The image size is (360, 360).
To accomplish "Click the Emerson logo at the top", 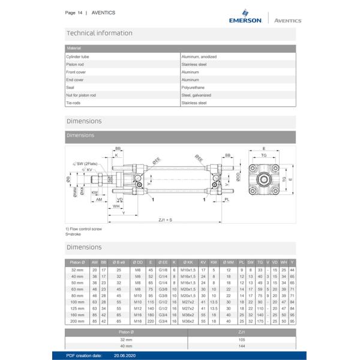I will [x=245, y=17].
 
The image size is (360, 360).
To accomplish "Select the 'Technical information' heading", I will [x=100, y=33].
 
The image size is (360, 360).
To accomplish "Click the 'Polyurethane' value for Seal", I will [x=193, y=88].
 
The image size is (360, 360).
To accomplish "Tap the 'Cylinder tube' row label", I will [x=77, y=56].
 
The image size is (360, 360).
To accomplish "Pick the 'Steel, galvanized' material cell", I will [x=196, y=95].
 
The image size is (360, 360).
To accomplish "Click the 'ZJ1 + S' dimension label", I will [x=165, y=221].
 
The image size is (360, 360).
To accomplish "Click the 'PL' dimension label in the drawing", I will [x=226, y=199].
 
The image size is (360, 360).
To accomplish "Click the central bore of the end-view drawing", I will [x=264, y=179].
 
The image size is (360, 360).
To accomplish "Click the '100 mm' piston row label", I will [x=77, y=302].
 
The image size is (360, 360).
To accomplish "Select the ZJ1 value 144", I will [x=242, y=346].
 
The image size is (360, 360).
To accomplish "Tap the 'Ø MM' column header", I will [x=229, y=262].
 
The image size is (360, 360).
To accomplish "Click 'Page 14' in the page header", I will [x=74, y=13].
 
